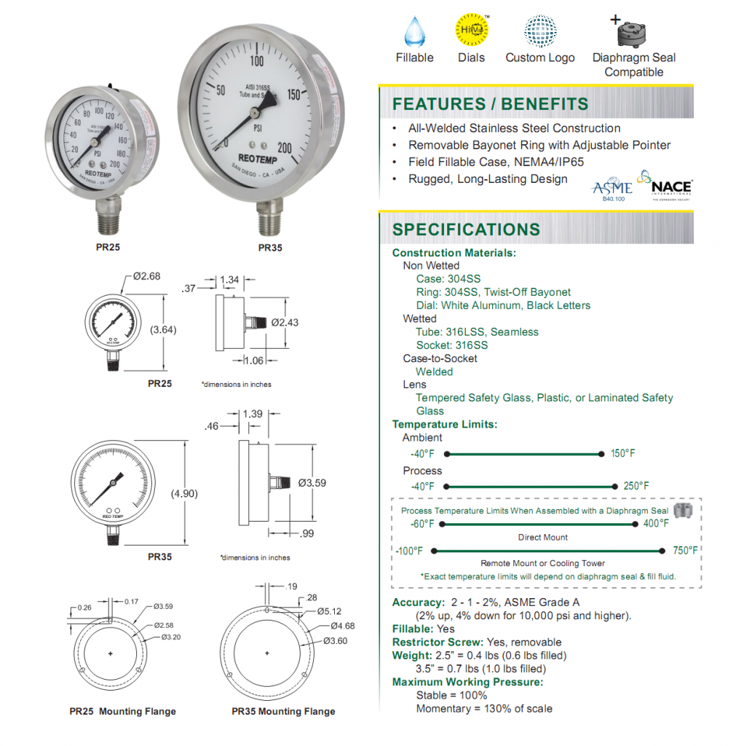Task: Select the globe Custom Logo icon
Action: [x=541, y=31]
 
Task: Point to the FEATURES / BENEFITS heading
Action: [x=490, y=104]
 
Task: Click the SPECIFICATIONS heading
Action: [x=466, y=229]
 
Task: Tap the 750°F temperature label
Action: [x=684, y=551]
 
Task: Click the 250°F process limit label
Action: [x=636, y=486]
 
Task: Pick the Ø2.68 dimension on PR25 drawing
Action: [x=147, y=276]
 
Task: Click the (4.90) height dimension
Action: [x=185, y=493]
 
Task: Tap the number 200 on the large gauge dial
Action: [x=285, y=148]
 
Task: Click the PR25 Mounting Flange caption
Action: [x=122, y=711]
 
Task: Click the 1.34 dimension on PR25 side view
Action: [x=229, y=280]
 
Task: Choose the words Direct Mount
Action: [x=542, y=537]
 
